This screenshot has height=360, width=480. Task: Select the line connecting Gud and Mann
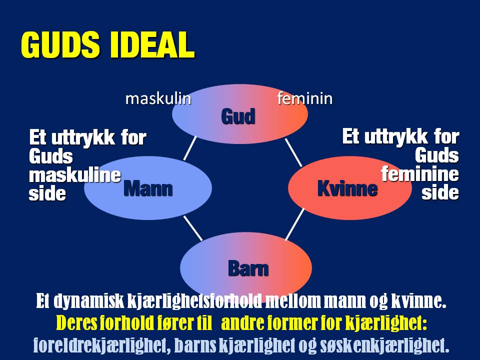[189, 149]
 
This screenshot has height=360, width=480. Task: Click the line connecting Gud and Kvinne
[293, 152]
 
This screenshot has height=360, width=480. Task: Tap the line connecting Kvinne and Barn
[294, 224]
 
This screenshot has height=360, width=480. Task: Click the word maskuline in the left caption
[75, 175]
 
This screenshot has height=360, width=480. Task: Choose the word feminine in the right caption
[420, 174]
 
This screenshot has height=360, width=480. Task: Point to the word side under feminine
[440, 192]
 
